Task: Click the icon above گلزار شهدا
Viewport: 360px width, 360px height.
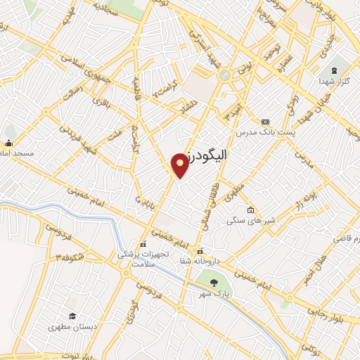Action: [334, 70]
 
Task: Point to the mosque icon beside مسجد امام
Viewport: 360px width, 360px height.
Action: [9, 143]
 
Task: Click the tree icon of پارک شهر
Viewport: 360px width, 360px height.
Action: [213, 284]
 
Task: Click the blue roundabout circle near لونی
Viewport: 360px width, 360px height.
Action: [224, 75]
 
